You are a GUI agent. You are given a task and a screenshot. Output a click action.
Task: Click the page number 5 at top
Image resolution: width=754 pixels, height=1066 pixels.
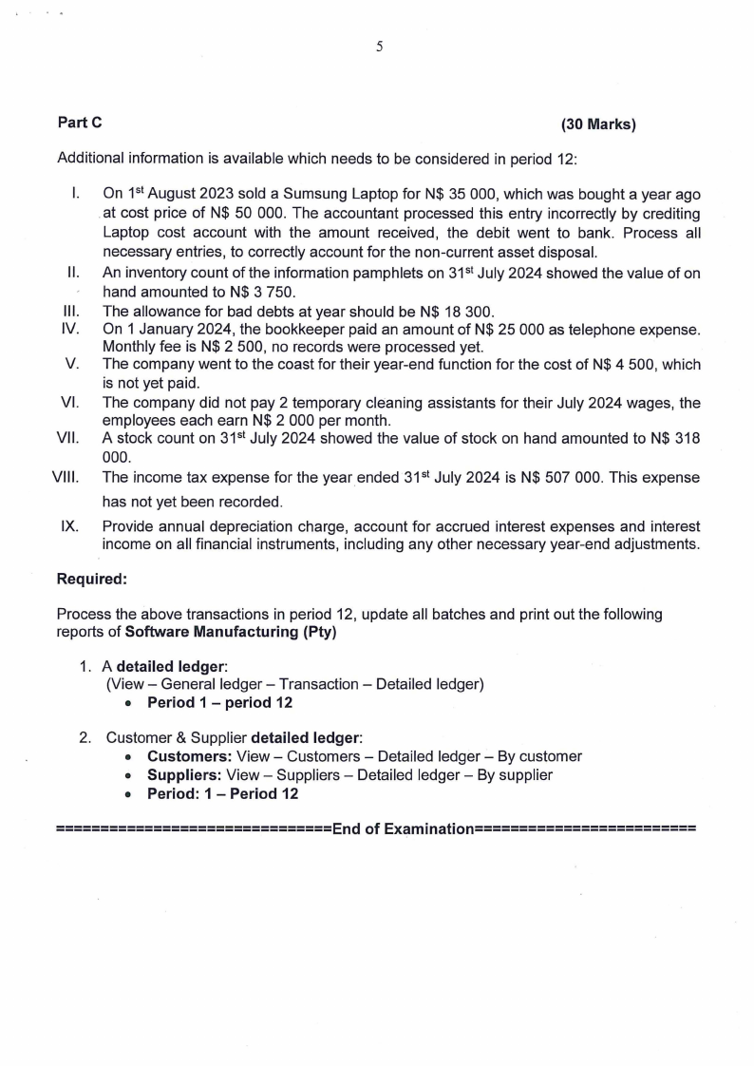(379, 47)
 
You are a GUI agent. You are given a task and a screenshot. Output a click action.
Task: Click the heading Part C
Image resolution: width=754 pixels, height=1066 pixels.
(80, 123)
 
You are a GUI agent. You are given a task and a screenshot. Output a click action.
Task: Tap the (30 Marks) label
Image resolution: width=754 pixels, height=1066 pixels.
(598, 124)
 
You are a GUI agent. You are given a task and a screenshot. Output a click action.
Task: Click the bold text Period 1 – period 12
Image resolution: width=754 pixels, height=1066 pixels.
(219, 703)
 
